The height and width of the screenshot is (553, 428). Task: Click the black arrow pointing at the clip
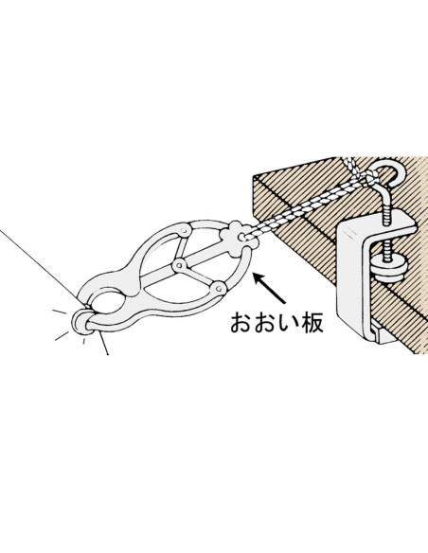[269, 288]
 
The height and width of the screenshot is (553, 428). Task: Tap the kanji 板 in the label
[311, 323]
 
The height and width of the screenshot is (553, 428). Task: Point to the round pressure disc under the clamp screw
[390, 268]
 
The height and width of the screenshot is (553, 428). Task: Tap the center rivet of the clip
[180, 264]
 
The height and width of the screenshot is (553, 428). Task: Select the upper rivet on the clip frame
[184, 231]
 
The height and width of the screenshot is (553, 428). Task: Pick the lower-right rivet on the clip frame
[220, 289]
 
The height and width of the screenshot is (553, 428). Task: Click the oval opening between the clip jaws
[106, 302]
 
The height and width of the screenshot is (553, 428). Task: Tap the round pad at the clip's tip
[81, 321]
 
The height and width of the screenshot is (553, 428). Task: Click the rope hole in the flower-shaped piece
[242, 237]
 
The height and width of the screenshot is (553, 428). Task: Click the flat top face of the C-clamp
[377, 222]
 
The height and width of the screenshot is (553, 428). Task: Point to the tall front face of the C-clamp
[349, 277]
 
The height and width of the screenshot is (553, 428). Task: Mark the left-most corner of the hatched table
[253, 175]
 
